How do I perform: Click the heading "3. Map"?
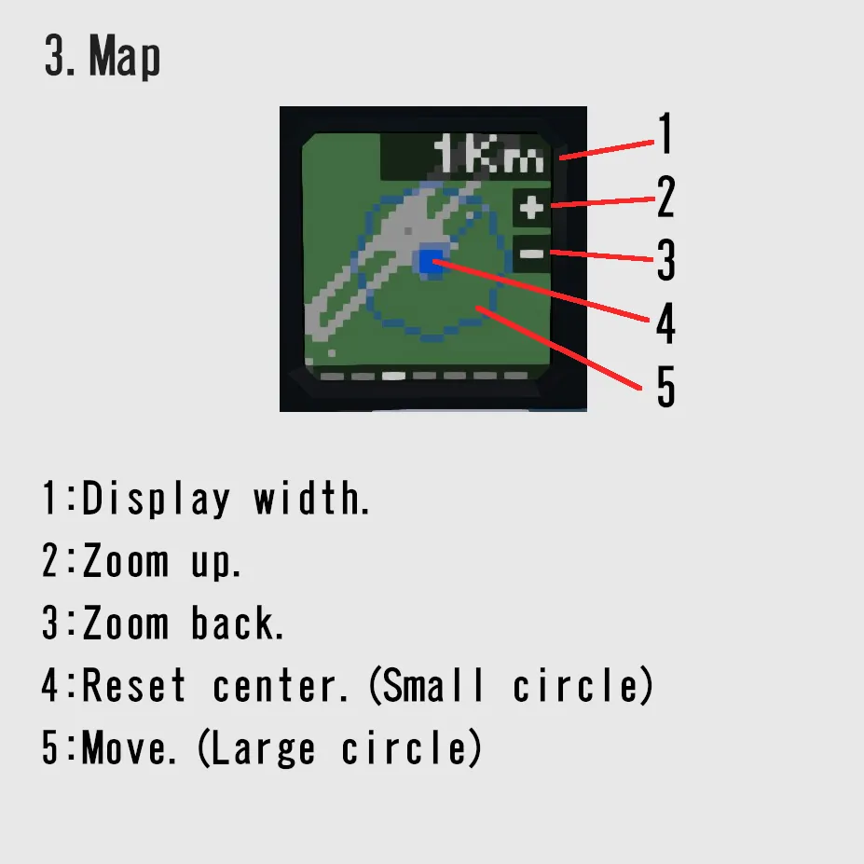click(x=103, y=55)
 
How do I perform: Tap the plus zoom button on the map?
click(x=531, y=207)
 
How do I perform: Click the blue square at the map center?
click(x=432, y=261)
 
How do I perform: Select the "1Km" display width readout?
click(x=488, y=155)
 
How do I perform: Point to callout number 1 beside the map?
click(x=666, y=133)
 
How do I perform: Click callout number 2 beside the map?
click(x=665, y=197)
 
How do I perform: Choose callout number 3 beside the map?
click(x=665, y=260)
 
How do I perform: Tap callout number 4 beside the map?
click(x=665, y=323)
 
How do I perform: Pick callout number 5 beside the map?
click(x=665, y=387)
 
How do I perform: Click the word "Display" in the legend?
click(x=156, y=499)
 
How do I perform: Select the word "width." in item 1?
click(x=311, y=498)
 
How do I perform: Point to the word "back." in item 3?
click(x=238, y=623)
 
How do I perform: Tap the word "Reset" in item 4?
click(x=133, y=685)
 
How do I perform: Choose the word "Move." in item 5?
click(x=129, y=747)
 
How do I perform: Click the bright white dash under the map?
click(x=393, y=377)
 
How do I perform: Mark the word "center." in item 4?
click(x=281, y=686)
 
